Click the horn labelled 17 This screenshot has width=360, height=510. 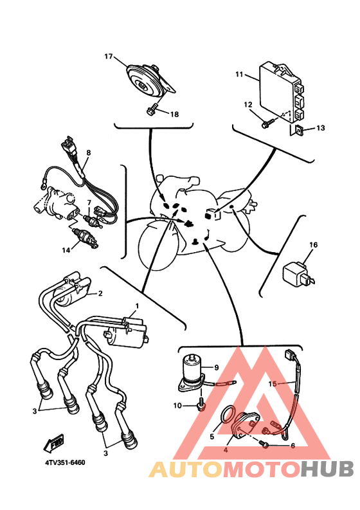pos(148,81)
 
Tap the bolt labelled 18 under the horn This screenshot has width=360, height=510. pos(152,110)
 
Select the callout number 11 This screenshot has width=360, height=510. pos(239,75)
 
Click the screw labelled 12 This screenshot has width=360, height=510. pos(267,123)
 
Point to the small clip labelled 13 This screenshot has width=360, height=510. pos(299,130)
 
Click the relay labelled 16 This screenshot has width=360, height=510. pos(298,276)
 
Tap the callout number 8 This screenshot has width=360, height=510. pos(89,152)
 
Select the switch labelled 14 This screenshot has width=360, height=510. pos(85,239)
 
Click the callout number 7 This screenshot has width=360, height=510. pos(89,203)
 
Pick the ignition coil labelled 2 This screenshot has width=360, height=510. pos(72,289)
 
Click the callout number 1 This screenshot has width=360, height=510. pos(137,306)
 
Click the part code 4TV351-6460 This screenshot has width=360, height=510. pos(65,462)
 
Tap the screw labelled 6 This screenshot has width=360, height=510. pos(265,444)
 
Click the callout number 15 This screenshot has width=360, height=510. pos(272,384)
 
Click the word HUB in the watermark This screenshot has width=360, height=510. pos(327,469)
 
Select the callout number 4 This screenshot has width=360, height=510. pos(226,451)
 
